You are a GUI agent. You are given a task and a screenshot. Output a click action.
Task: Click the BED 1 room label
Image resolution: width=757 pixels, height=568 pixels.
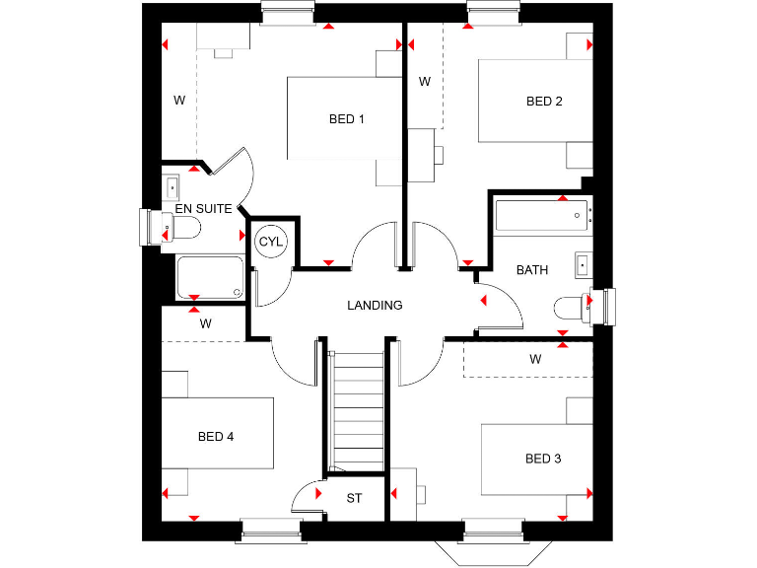[347, 119]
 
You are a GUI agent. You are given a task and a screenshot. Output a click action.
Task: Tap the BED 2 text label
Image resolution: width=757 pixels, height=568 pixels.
[544, 102]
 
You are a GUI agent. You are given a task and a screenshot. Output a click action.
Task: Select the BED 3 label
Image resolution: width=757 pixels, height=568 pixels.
[543, 459]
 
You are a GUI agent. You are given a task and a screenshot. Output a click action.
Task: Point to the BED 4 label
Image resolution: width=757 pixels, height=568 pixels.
[215, 436]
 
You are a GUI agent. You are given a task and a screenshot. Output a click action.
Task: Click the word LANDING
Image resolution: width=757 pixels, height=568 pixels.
[375, 305]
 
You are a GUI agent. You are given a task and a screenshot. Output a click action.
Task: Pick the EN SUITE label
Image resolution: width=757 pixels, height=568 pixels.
[204, 209]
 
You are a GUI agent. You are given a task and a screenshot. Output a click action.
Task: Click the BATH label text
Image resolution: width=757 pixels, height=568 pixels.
[532, 269]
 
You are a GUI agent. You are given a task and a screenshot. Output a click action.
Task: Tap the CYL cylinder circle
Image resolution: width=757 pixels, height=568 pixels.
[269, 242]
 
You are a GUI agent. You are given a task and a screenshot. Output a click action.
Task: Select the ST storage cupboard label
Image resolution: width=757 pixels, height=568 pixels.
[354, 498]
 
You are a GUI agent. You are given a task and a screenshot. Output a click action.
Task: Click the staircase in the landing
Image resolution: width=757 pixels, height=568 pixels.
[355, 409]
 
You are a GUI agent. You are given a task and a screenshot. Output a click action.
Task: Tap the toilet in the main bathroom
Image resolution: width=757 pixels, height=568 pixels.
[572, 308]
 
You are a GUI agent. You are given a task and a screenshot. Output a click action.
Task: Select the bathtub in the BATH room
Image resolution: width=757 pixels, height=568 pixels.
[541, 215]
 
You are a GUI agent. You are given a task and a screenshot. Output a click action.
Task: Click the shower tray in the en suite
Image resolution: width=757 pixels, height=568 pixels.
[209, 277]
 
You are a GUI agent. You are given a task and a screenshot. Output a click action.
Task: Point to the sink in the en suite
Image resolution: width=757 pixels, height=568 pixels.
[172, 185]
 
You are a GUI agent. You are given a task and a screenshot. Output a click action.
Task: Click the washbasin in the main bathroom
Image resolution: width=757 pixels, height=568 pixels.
[583, 263]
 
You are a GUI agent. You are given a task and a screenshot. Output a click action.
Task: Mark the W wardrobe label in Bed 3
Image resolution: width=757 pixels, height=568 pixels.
[535, 359]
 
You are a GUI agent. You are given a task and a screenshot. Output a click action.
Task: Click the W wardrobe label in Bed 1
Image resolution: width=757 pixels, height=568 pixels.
[179, 100]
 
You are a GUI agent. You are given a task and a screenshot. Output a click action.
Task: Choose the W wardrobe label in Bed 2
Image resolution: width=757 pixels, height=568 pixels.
[424, 82]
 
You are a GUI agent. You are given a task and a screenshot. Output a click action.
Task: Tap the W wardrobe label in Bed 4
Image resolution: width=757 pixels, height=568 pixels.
[205, 323]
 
